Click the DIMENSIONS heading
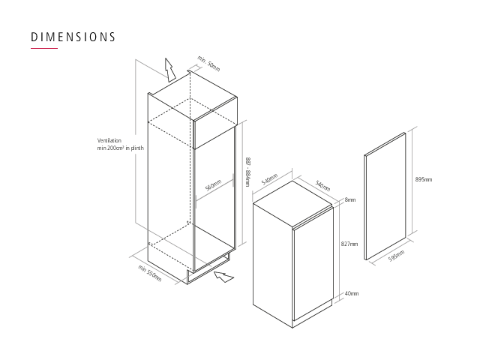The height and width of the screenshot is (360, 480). pyautogui.click(x=73, y=37)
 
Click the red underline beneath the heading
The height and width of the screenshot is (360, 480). pyautogui.click(x=44, y=48)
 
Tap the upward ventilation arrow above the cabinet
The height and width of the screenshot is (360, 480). pyautogui.click(x=169, y=70)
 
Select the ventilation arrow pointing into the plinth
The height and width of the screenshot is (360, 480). pyautogui.click(x=223, y=277)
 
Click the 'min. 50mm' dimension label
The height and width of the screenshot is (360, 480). pyautogui.click(x=208, y=64)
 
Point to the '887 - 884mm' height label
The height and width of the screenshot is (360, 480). pyautogui.click(x=248, y=172)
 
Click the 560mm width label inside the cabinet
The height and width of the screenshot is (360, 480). pyautogui.click(x=213, y=185)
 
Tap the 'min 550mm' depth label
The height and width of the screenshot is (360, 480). pyautogui.click(x=149, y=273)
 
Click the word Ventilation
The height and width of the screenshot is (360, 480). pyautogui.click(x=109, y=140)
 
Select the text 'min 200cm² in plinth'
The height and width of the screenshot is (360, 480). pyautogui.click(x=120, y=148)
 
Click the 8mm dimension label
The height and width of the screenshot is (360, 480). pyautogui.click(x=350, y=200)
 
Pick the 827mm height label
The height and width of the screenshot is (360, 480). pyautogui.click(x=349, y=244)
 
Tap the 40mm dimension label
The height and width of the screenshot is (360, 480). pyautogui.click(x=352, y=293)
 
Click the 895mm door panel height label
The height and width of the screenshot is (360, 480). pyautogui.click(x=424, y=179)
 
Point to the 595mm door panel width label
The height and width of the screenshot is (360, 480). pyautogui.click(x=397, y=256)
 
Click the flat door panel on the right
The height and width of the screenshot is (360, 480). pyautogui.click(x=385, y=196)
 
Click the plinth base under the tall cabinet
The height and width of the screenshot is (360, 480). pyautogui.click(x=208, y=268)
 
